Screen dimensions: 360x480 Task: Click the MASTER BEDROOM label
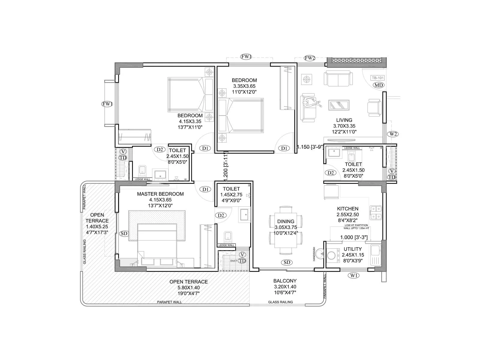pyautogui.click(x=160, y=194)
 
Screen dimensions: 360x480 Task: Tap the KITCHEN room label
pyautogui.click(x=347, y=209)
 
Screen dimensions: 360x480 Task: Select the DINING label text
pyautogui.click(x=286, y=222)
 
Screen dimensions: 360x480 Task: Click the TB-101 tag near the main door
pyautogui.click(x=378, y=78)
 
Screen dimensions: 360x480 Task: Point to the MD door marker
pyautogui.click(x=379, y=85)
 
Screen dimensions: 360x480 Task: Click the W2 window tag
pyautogui.click(x=393, y=134)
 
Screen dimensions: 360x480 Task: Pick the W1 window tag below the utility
pyautogui.click(x=354, y=275)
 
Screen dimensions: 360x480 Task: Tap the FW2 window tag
pyautogui.click(x=309, y=58)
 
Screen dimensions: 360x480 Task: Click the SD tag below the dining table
pyautogui.click(x=287, y=262)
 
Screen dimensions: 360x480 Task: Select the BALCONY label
pyautogui.click(x=285, y=281)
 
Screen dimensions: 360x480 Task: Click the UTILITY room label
pyautogui.click(x=352, y=249)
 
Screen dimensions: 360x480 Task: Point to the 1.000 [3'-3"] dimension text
pyautogui.click(x=354, y=237)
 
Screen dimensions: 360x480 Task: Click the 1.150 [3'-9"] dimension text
pyautogui.click(x=310, y=147)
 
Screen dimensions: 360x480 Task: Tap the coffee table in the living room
pyautogui.click(x=339, y=105)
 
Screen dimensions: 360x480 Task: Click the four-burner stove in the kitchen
pyautogui.click(x=376, y=212)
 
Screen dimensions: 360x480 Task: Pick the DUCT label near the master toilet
pyautogui.click(x=234, y=261)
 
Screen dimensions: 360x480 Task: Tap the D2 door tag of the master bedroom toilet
pyautogui.click(x=221, y=215)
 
